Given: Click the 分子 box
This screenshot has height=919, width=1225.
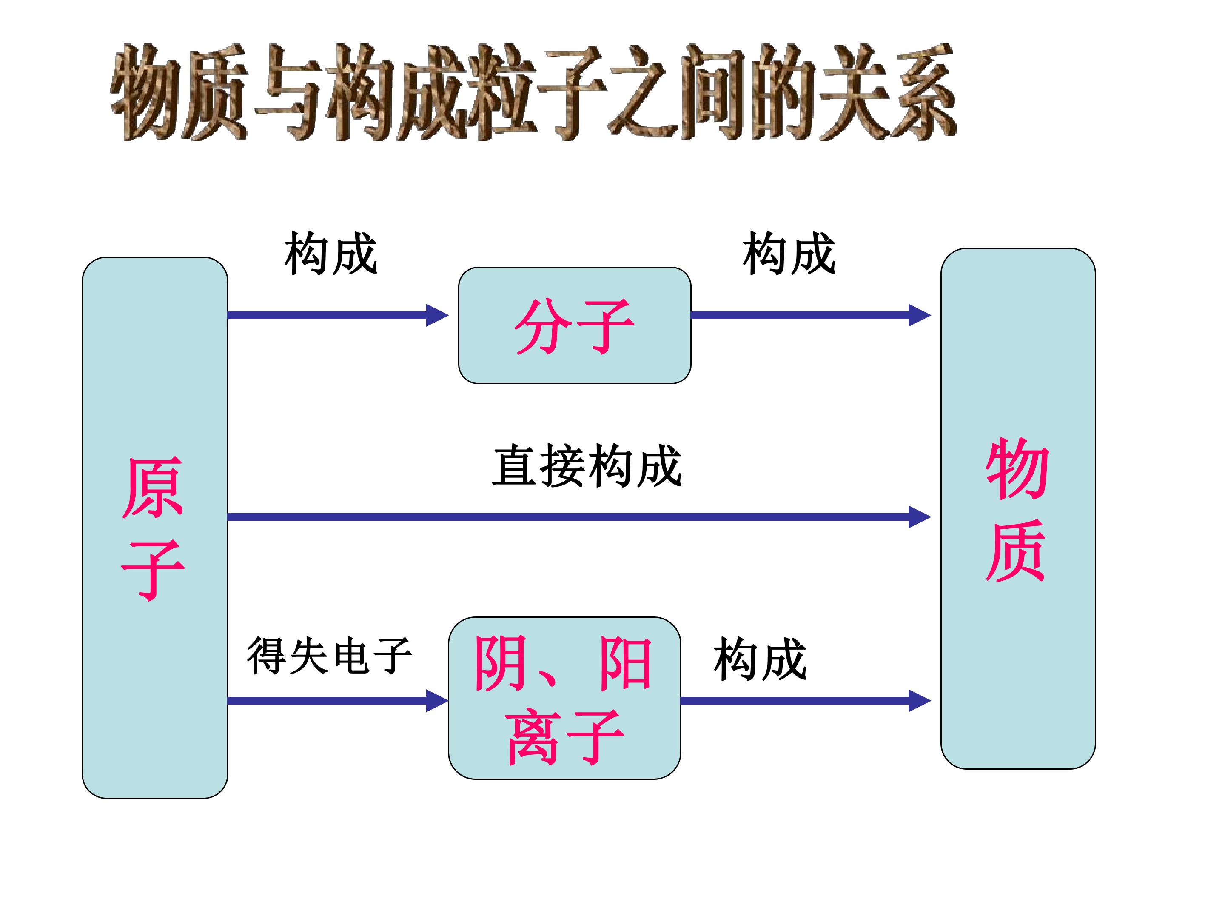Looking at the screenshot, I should pyautogui.click(x=574, y=326).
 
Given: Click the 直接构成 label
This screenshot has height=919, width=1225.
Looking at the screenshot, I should pyautogui.click(x=587, y=466).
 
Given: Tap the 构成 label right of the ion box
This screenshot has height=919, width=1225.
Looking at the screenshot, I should pyautogui.click(x=760, y=659).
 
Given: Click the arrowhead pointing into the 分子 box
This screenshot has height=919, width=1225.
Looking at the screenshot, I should pyautogui.click(x=436, y=315).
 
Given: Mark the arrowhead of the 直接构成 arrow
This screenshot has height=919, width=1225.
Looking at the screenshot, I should pyautogui.click(x=919, y=517).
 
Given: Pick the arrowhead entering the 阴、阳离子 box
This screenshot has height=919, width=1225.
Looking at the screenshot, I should pyautogui.click(x=436, y=701).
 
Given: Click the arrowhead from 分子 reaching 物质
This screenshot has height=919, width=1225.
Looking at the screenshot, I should pyautogui.click(x=919, y=315).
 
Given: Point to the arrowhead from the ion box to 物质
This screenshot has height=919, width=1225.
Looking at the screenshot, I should pyautogui.click(x=919, y=701).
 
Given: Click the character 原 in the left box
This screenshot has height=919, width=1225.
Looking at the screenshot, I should pyautogui.click(x=153, y=488).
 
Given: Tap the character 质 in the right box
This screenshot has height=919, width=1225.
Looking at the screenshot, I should pyautogui.click(x=1016, y=551).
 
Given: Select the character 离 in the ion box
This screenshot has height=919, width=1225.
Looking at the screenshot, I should pyautogui.click(x=532, y=737).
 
